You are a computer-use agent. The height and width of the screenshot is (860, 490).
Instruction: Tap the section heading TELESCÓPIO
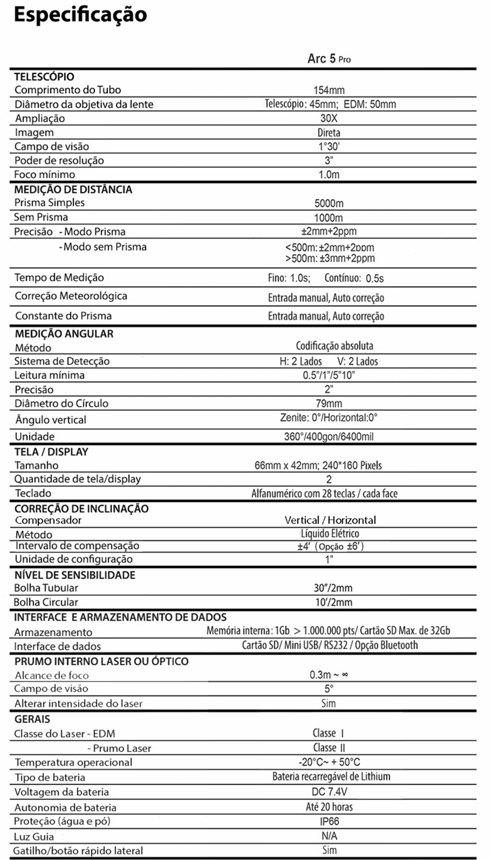(x=44, y=77)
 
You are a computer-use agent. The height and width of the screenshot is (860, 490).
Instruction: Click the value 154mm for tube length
(x=330, y=90)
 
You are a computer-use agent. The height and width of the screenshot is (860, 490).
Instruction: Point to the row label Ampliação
(x=40, y=119)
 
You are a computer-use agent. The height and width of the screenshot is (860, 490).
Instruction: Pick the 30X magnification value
(x=330, y=119)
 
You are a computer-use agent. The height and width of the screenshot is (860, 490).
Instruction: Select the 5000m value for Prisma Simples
(x=329, y=204)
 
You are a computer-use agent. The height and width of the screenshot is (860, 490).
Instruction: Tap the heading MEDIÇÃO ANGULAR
(x=64, y=333)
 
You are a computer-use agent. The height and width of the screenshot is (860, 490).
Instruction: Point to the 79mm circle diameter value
(x=329, y=403)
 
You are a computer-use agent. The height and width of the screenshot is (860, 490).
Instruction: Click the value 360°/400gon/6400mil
(x=329, y=436)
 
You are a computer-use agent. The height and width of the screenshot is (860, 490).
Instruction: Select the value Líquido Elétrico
(x=330, y=534)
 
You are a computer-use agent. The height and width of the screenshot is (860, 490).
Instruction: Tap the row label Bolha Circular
(x=46, y=602)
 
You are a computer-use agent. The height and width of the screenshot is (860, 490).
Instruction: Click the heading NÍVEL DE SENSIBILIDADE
(x=75, y=575)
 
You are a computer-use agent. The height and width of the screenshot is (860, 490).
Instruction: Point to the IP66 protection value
(x=329, y=822)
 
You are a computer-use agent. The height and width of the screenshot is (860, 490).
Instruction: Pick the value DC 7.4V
(x=329, y=792)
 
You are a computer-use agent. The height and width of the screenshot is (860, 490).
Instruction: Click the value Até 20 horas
(x=329, y=807)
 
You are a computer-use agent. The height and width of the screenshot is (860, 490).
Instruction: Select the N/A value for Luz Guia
(x=329, y=836)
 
